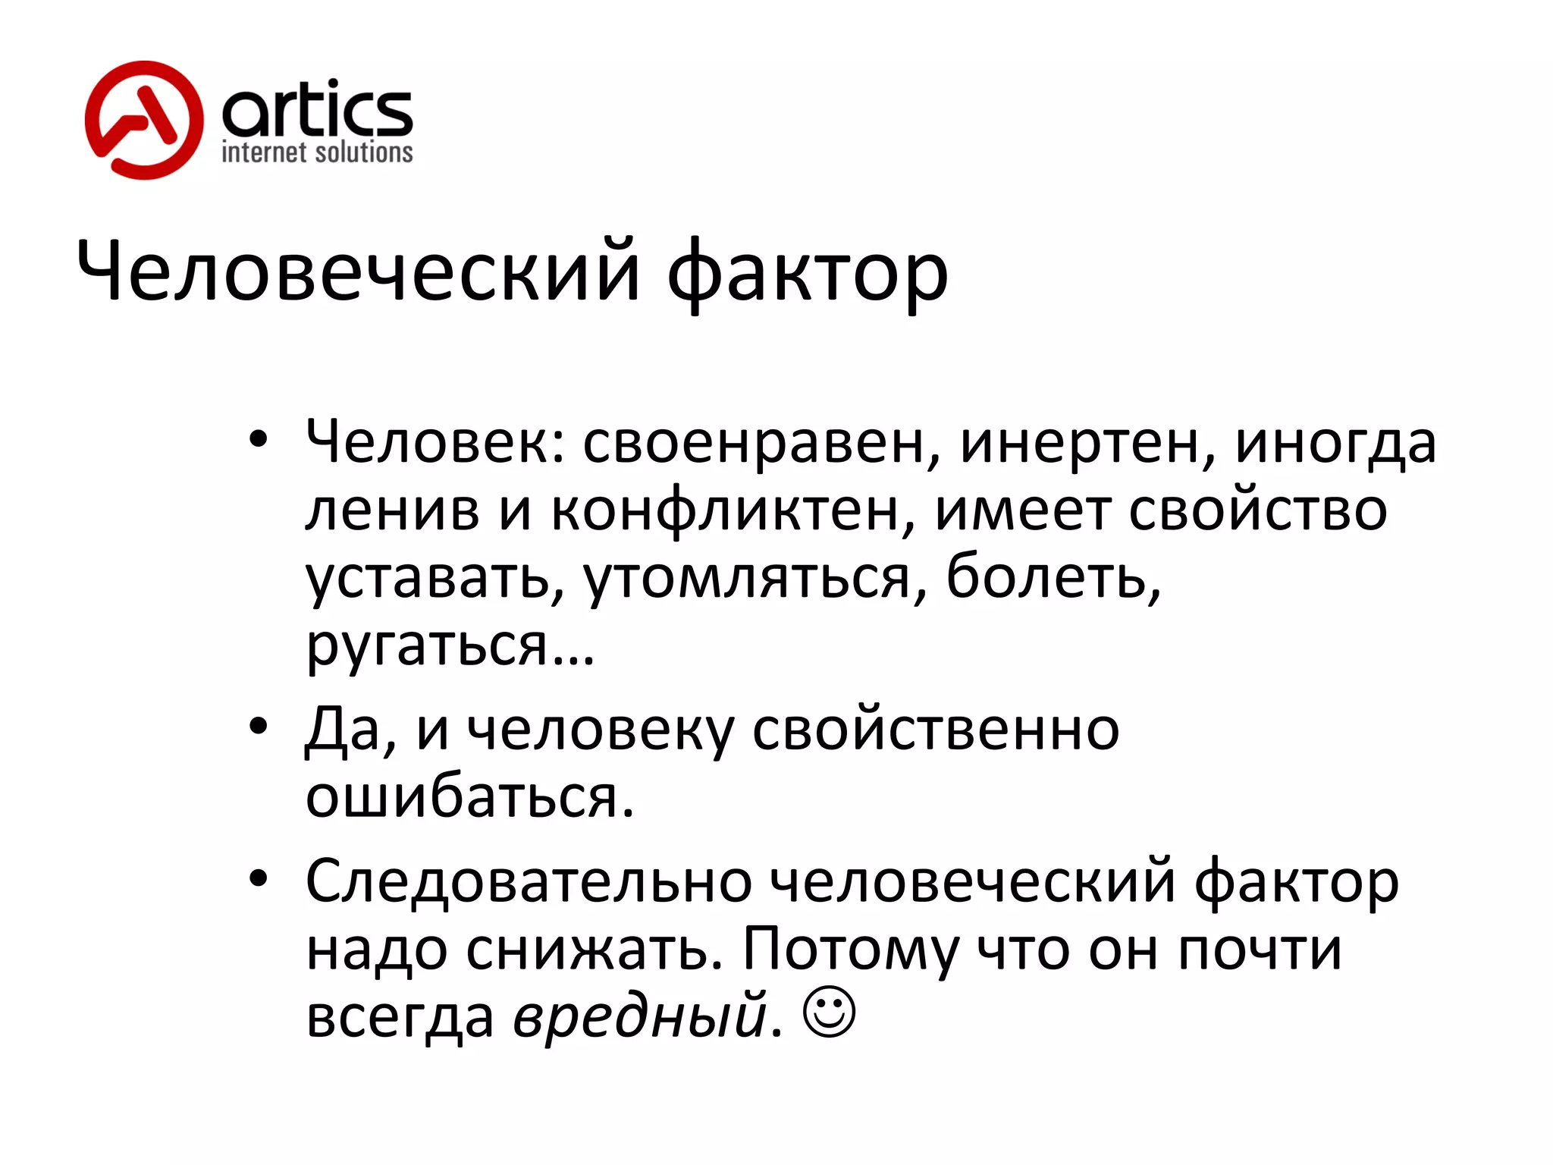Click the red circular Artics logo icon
pos(144,121)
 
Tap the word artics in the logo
pos(317,110)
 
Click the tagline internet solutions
pos(317,152)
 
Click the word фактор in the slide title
pos(808,273)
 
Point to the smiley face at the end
pos(830,1013)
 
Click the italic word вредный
pos(640,1015)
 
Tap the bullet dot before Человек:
pos(259,439)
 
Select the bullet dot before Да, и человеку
pos(259,726)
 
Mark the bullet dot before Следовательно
pos(259,878)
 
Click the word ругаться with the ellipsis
pos(450,646)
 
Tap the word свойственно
pos(936,730)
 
